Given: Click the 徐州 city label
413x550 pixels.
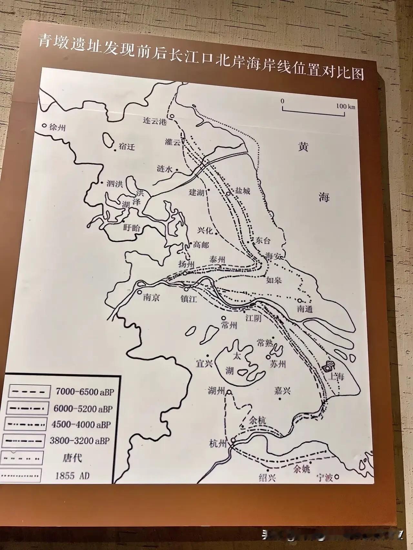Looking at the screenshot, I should click(57, 128).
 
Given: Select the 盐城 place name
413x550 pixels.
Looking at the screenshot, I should click(243, 191).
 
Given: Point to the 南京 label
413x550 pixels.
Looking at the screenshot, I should click(151, 298).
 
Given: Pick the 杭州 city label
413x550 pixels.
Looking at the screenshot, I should click(218, 444).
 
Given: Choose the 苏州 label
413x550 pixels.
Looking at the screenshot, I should click(278, 364).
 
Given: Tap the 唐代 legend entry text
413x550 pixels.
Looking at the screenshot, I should click(72, 458).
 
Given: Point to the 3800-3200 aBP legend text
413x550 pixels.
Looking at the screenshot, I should click(80, 441).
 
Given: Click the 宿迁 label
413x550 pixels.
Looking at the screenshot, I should click(126, 147).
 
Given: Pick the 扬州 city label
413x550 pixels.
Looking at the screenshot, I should click(186, 264).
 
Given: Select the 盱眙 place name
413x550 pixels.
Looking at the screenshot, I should click(132, 228).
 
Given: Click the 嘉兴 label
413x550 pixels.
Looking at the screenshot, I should click(282, 391).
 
